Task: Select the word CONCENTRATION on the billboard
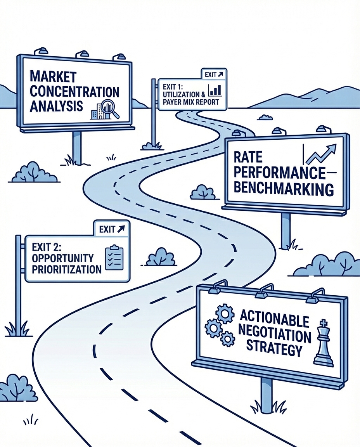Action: pyautogui.click(x=74, y=92)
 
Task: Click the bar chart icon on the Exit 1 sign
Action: pyautogui.click(x=215, y=90)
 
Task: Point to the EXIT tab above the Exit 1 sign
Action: pyautogui.click(x=213, y=74)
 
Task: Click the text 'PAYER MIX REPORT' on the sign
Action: pyautogui.click(x=191, y=102)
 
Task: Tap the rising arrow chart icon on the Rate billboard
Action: pyautogui.click(x=320, y=154)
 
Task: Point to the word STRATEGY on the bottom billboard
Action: pyautogui.click(x=275, y=350)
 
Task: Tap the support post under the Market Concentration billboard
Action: pyautogui.click(x=77, y=147)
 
